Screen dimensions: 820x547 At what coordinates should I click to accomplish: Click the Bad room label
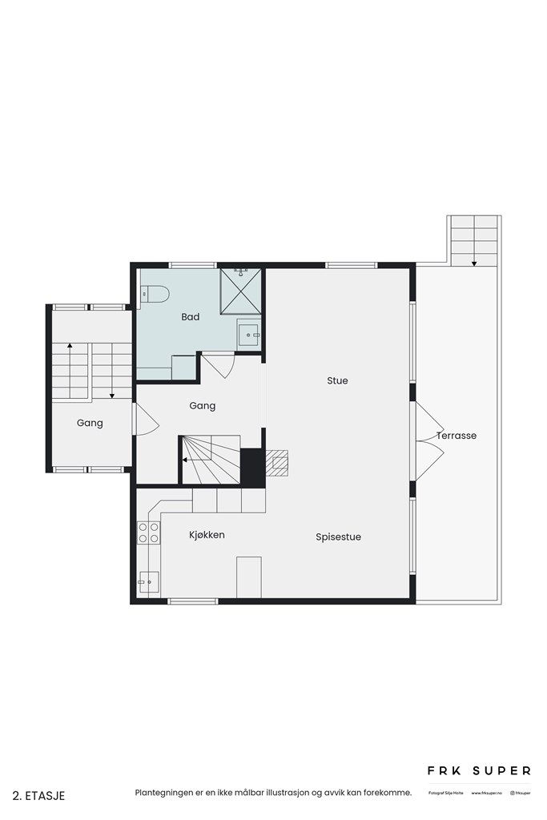190,317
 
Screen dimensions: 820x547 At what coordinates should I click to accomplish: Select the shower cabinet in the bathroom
241,290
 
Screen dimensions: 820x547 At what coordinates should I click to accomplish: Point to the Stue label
337,381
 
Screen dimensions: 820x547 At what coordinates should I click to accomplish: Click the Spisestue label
338,537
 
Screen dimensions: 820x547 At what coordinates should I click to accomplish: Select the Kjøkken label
207,534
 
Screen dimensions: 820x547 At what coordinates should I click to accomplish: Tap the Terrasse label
457,436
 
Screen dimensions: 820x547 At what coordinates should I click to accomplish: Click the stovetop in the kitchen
148,533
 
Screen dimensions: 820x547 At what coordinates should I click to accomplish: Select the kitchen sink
148,581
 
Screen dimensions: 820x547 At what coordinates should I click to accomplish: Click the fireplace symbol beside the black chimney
277,462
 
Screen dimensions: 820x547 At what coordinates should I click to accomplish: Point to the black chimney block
252,466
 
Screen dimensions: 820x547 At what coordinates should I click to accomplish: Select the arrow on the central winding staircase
185,460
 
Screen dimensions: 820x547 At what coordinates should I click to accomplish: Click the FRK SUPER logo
477,770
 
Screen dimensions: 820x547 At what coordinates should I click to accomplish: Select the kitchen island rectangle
249,577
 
